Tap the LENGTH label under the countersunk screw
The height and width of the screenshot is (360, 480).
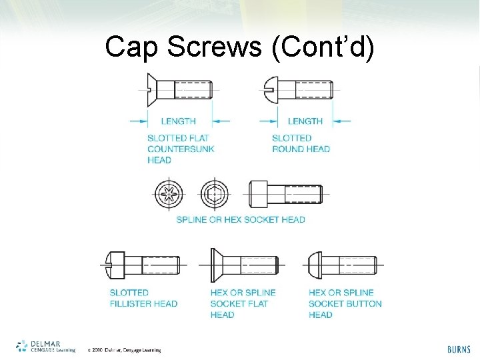[x=178, y=121]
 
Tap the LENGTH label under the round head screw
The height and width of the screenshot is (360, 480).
[x=305, y=121]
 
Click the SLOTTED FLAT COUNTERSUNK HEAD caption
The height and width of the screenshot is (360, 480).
[x=180, y=149]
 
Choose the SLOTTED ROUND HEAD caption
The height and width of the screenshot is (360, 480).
[x=301, y=143]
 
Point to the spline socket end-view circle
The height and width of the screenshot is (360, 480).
[x=168, y=195]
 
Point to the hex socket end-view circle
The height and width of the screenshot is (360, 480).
[x=214, y=195]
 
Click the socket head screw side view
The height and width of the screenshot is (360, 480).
[x=285, y=194]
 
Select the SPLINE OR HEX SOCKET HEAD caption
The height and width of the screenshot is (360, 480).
[x=240, y=219]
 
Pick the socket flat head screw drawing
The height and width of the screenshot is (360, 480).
[x=243, y=265]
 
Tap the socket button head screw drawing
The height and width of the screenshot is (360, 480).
[x=340, y=265]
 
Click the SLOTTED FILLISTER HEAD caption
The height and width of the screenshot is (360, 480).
[x=143, y=298]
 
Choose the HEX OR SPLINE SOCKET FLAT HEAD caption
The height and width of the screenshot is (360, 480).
[x=243, y=303]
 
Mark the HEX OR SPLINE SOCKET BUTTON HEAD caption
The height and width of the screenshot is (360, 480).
[x=345, y=303]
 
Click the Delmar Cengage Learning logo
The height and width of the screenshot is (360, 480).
[x=45, y=346]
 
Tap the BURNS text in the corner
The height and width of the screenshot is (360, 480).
[x=459, y=349]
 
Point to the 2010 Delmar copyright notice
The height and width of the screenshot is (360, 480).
[x=125, y=350]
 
